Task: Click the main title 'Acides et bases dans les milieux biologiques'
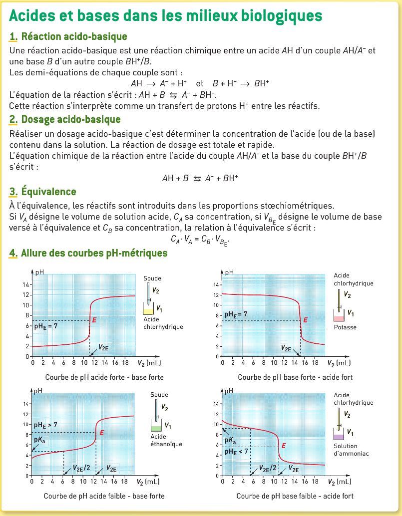(x=166, y=15)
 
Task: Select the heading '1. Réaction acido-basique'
(x=68, y=36)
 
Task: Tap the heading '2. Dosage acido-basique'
(x=65, y=119)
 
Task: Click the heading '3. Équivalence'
(x=43, y=192)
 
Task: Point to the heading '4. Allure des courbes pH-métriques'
(x=88, y=253)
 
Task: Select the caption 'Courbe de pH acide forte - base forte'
(x=104, y=377)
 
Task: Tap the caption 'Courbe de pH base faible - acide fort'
(x=295, y=496)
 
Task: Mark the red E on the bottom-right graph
(x=284, y=446)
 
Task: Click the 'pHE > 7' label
(x=45, y=425)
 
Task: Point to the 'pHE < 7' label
(x=236, y=451)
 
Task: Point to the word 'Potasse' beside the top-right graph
(x=345, y=327)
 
